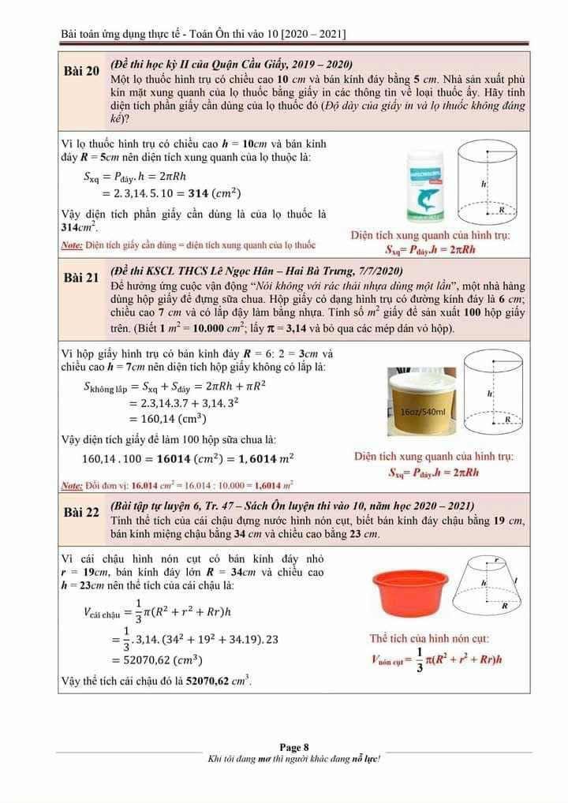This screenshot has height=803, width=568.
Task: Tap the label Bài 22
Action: click(81, 514)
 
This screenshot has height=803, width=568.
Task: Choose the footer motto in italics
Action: click(293, 759)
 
